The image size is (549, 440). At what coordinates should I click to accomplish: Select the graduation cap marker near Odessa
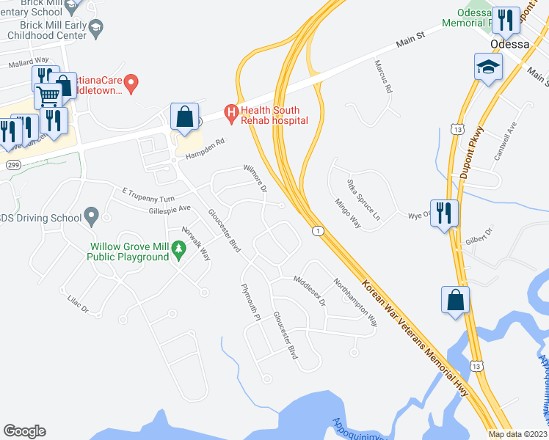coord(488,67)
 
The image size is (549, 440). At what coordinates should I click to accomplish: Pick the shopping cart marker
coord(48,95)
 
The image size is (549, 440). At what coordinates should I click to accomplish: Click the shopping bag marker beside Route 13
coord(455,300)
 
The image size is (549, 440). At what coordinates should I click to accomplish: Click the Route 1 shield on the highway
coord(316,232)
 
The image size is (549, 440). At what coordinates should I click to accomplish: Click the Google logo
coord(25,431)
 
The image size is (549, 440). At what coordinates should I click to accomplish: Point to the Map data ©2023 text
coord(518,434)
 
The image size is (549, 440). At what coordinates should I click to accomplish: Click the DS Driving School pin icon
coord(91,216)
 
